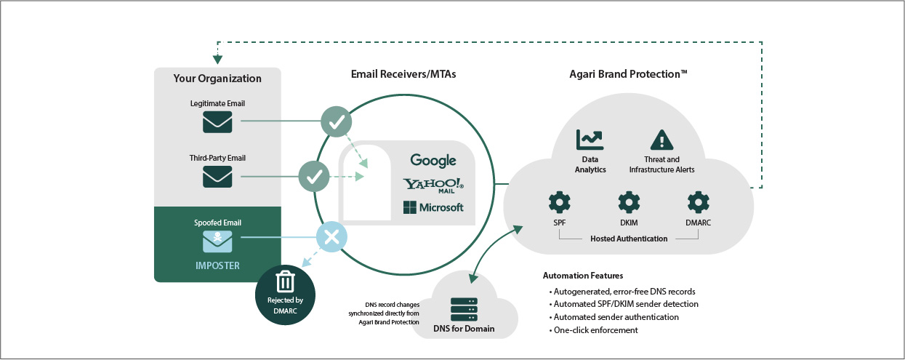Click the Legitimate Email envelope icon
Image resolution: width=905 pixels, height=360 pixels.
point(217,122)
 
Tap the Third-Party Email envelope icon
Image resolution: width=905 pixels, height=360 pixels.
point(217,177)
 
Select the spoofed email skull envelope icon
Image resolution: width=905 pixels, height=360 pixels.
point(217,241)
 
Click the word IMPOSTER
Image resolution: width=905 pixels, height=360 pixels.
point(217,265)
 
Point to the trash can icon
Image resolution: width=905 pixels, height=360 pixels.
point(285,281)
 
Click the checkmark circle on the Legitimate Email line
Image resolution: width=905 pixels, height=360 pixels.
point(336,121)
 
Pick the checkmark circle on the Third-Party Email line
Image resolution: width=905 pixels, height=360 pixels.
point(314,176)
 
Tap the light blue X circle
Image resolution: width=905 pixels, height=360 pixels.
point(331,237)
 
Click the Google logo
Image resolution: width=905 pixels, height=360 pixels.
point(433,161)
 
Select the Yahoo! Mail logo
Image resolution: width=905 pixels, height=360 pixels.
point(433,185)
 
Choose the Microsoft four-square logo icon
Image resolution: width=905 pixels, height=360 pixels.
point(410,207)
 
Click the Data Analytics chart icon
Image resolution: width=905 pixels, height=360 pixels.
point(590,140)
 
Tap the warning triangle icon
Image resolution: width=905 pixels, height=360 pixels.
point(661,140)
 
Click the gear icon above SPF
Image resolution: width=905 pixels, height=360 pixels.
point(560,202)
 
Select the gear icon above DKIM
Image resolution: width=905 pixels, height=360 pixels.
point(629,202)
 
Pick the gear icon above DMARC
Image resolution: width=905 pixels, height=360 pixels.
point(698,202)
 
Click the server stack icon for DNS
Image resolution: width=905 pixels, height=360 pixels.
point(464,310)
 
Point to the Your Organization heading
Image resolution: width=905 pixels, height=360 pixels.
point(217,79)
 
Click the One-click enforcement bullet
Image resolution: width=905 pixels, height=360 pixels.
point(593,330)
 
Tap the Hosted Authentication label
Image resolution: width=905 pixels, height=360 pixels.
point(629,239)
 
